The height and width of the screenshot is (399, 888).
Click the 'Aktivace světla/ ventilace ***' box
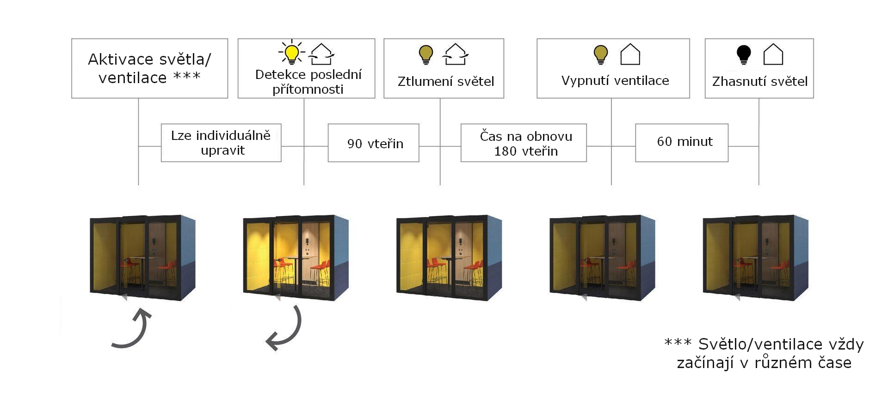click(x=149, y=68)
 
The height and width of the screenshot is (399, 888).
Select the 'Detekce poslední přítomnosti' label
click(x=308, y=82)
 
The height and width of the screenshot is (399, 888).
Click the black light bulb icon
click(x=744, y=54)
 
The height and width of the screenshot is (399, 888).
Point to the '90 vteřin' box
click(x=373, y=143)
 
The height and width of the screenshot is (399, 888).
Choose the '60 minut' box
click(x=681, y=143)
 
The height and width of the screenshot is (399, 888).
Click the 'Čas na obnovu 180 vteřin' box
click(x=524, y=143)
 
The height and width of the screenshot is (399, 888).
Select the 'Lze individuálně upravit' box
click(x=221, y=143)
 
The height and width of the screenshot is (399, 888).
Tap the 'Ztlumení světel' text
click(x=446, y=82)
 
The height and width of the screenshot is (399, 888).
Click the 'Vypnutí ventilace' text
click(x=615, y=81)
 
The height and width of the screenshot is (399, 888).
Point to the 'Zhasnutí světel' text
click(x=759, y=82)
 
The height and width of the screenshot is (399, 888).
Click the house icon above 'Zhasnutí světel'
click(x=773, y=54)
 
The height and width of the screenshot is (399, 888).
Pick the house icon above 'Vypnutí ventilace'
click(x=630, y=54)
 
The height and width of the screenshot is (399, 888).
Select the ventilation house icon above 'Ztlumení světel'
click(x=456, y=54)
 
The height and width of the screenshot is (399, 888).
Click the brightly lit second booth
click(x=296, y=257)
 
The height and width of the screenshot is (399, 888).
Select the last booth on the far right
click(x=755, y=257)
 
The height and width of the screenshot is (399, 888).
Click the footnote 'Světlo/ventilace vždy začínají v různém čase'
click(x=764, y=353)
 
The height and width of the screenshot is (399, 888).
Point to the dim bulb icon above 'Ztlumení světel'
click(x=426, y=54)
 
